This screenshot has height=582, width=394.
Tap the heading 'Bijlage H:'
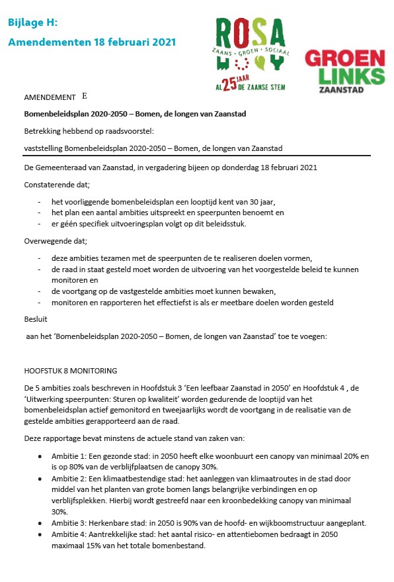pyautogui.click(x=32, y=23)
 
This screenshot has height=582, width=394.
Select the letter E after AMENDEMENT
pyautogui.click(x=84, y=96)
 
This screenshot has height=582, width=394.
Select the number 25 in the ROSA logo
pyautogui.click(x=229, y=83)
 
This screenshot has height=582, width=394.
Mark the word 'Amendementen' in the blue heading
pyautogui.click(x=45, y=42)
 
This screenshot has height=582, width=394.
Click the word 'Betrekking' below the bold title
pyautogui.click(x=43, y=130)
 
